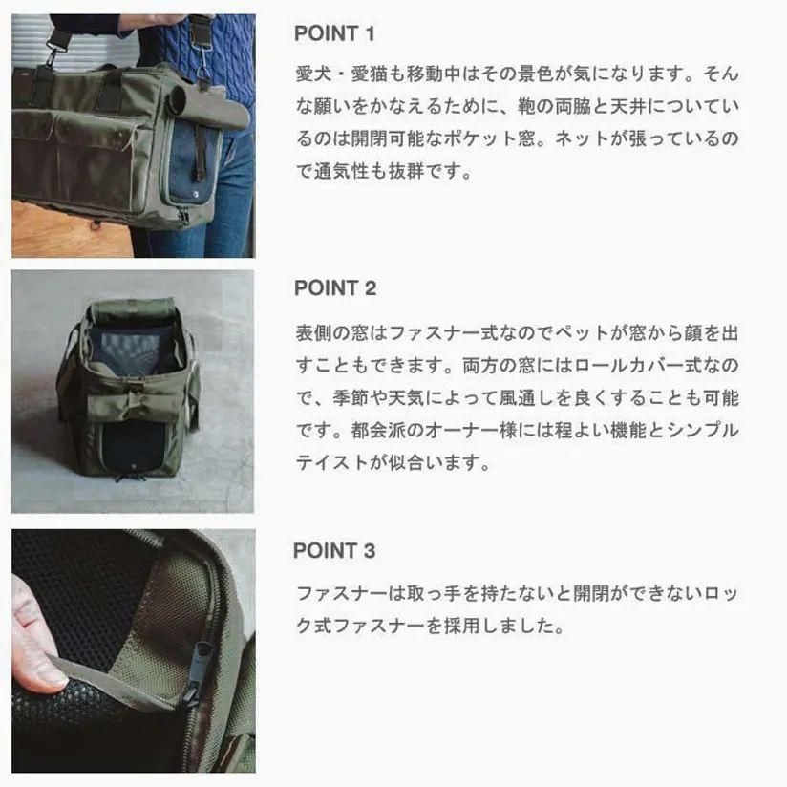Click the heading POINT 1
point(334,33)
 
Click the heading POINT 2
point(335,288)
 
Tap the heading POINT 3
point(334,550)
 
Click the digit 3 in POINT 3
point(370,550)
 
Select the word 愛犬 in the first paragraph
point(313,74)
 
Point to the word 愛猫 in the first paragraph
point(369,74)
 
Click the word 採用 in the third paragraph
point(461,626)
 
